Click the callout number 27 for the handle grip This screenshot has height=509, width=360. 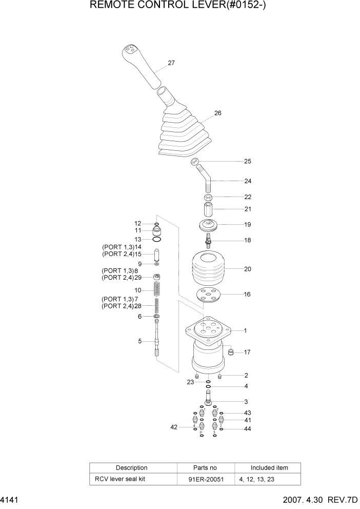pos(171,63)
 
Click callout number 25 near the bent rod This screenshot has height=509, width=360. pos(248,161)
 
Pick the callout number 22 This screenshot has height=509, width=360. pos(248,197)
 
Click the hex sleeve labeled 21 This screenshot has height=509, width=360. pos(209,210)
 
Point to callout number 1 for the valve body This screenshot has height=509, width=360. pos(245,330)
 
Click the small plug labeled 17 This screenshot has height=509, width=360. pos(230,353)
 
